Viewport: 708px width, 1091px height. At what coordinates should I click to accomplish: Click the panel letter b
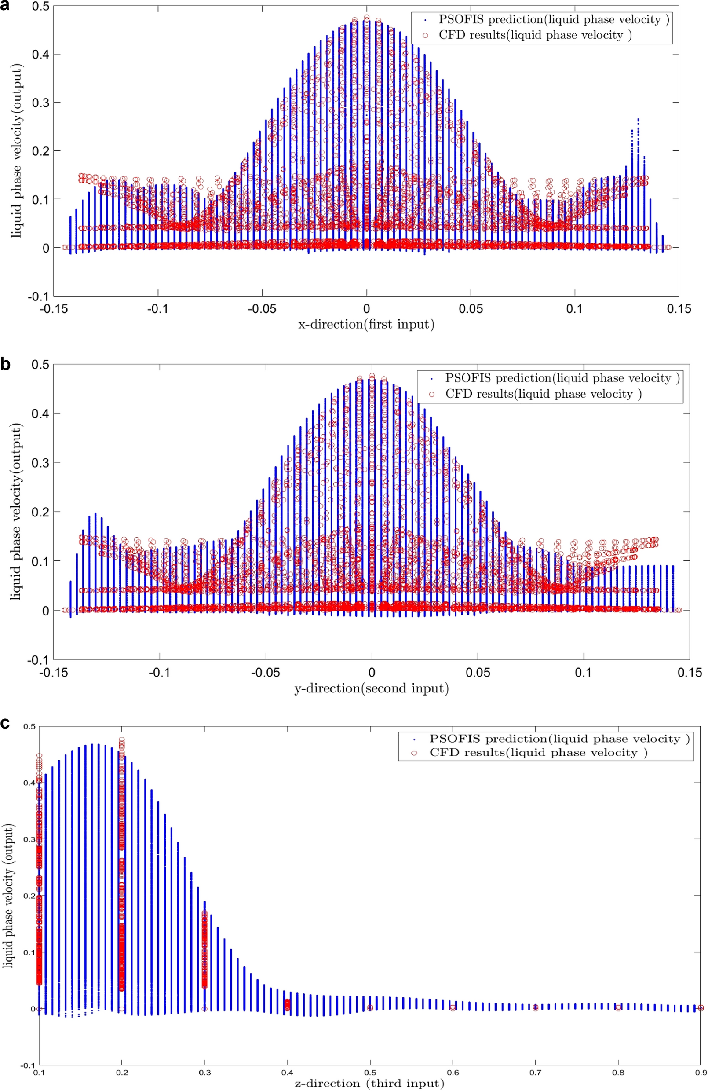coord(6,364)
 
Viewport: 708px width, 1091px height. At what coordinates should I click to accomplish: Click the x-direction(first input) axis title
coord(366,325)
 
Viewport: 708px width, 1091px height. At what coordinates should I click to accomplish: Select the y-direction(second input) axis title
coord(371,688)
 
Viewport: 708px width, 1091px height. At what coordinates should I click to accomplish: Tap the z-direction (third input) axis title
coord(369,1083)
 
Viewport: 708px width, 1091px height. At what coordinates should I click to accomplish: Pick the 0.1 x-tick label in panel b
coord(583,673)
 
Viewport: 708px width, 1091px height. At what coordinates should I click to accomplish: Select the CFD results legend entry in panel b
coord(543,394)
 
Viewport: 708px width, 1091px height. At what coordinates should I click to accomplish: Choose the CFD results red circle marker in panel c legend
coord(414,753)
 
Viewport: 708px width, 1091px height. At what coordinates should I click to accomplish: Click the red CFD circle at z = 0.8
coord(618,1007)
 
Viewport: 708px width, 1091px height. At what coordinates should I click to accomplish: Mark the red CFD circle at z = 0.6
coord(453,1007)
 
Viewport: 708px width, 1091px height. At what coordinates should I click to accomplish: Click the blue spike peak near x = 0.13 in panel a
coord(639,119)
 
